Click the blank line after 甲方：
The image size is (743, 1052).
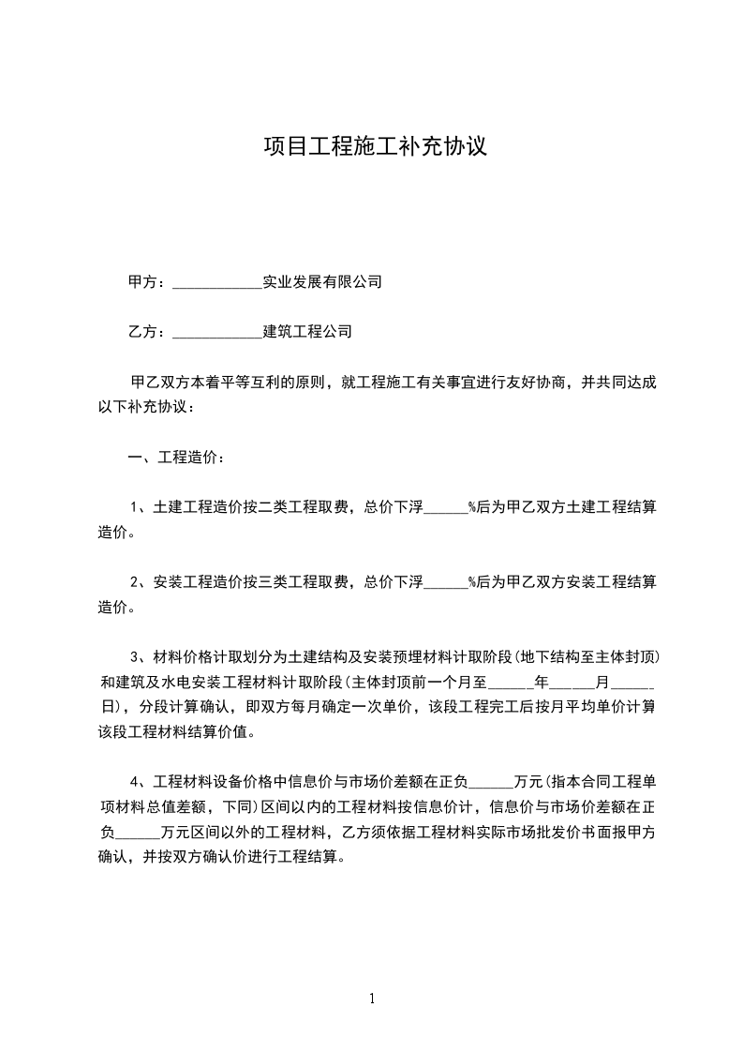217,282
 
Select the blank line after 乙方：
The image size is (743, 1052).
217,332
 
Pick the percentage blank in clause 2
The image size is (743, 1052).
446,582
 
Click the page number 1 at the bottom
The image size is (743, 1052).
372,999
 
